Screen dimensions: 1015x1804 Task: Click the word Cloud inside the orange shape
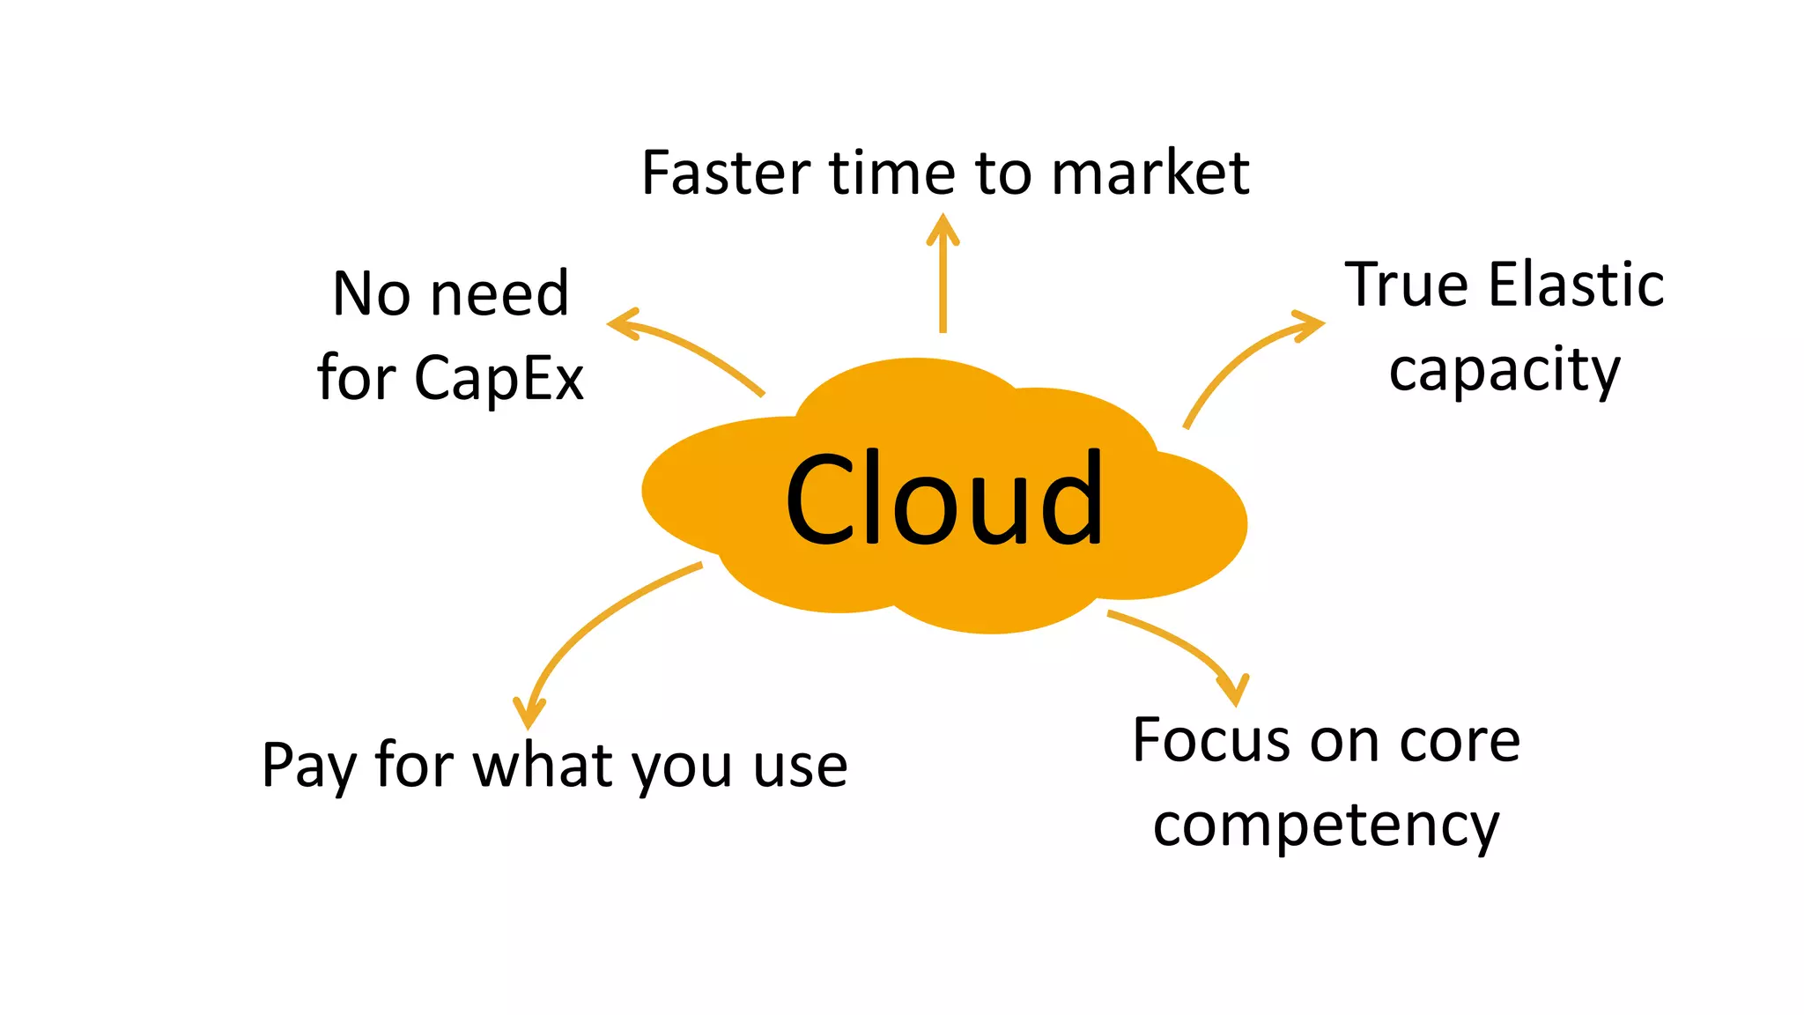click(x=943, y=500)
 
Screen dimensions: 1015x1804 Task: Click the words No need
click(x=450, y=293)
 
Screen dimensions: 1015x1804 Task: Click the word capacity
click(x=1505, y=371)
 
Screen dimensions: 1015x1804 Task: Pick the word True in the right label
click(x=1407, y=285)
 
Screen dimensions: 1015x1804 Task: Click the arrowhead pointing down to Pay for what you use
click(x=529, y=712)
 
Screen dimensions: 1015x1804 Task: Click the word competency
click(x=1326, y=826)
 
